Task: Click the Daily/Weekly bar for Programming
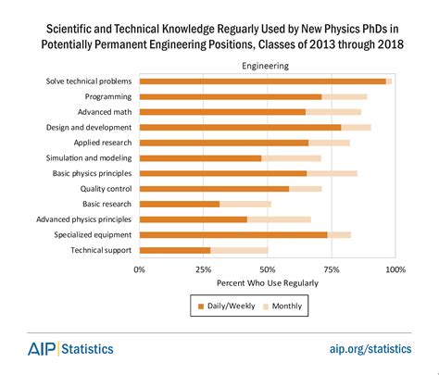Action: coord(230,96)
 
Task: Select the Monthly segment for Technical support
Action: coord(239,250)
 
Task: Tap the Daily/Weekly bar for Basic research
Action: coord(180,204)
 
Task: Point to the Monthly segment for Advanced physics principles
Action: coord(279,219)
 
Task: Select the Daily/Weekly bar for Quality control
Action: coord(214,188)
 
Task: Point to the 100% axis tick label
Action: coord(395,269)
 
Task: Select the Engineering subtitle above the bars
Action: coord(266,66)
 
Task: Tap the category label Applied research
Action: coord(103,143)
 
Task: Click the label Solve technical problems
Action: coord(89,81)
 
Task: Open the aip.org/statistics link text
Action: coord(370,349)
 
